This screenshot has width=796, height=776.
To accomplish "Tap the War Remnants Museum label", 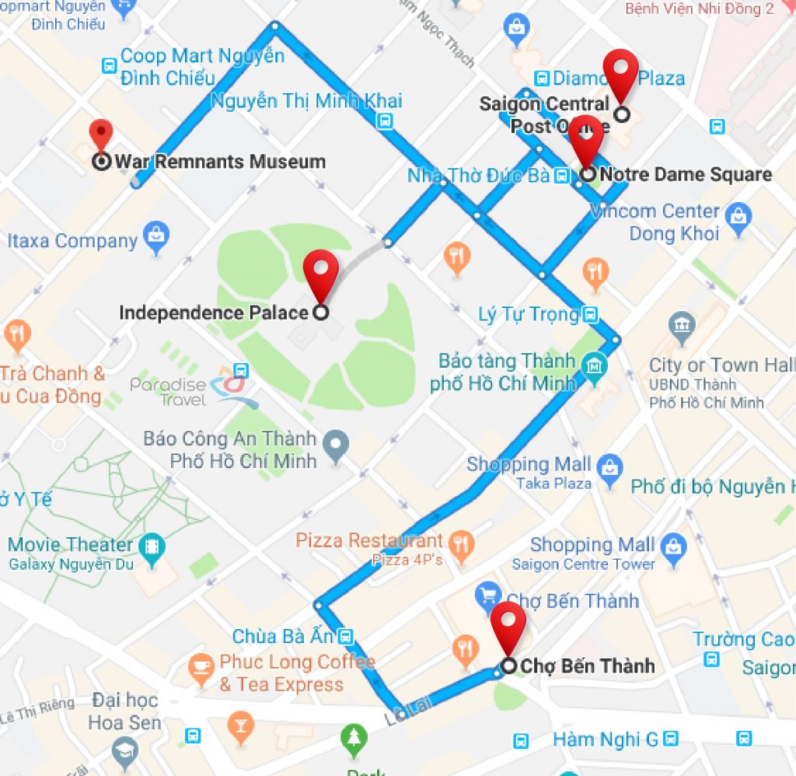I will point(220,162).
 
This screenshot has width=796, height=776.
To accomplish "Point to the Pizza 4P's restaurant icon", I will point(462,544).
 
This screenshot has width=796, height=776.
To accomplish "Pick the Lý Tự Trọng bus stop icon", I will point(591,315).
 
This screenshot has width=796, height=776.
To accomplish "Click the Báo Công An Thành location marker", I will point(336,446).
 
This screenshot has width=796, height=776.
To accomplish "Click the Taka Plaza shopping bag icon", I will point(610,467).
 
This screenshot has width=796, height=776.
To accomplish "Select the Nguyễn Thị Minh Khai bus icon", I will point(384,121).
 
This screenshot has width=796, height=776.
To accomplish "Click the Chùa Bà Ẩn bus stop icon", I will point(346,637).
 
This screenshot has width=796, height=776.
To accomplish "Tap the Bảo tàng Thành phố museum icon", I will point(595,364).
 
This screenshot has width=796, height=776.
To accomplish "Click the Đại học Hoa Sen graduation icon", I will point(124,750).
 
